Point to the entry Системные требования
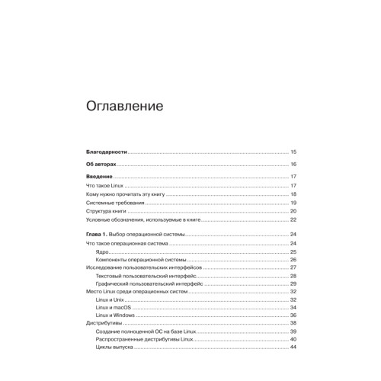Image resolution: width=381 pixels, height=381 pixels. click(111, 203)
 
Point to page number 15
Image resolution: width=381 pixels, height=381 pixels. click(293, 152)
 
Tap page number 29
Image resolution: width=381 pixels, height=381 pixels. click(293, 283)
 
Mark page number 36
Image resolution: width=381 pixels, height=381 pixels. click(293, 315)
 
